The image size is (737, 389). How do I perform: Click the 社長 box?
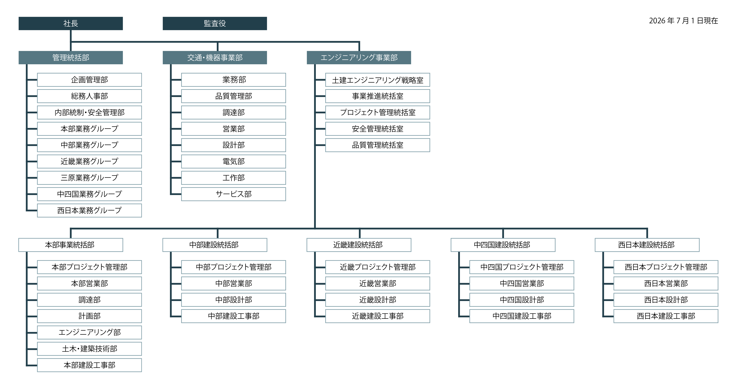pyautogui.click(x=71, y=23)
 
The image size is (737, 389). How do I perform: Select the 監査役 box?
pyautogui.click(x=215, y=23)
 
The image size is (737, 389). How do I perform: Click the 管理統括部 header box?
pyautogui.click(x=71, y=57)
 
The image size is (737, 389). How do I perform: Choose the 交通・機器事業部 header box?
pyautogui.click(x=215, y=57)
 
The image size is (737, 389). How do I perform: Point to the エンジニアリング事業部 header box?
pyautogui.click(x=359, y=57)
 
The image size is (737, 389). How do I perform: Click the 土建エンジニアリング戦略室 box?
pyautogui.click(x=378, y=80)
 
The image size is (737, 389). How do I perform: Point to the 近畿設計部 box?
pyautogui.click(x=378, y=300)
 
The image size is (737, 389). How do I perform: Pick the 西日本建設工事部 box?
pyautogui.click(x=666, y=316)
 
